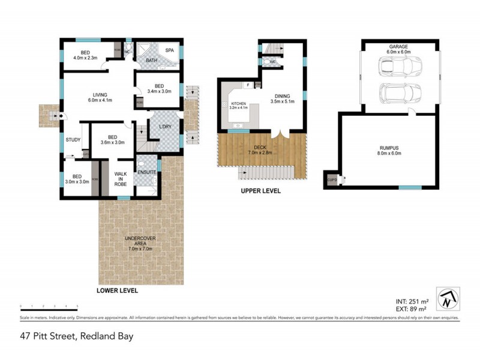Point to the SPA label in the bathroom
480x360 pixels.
click(x=170, y=50)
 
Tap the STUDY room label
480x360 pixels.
click(x=73, y=140)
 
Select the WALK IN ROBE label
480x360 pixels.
click(x=121, y=178)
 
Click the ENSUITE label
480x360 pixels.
click(x=146, y=172)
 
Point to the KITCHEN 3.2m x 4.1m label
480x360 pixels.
click(x=238, y=106)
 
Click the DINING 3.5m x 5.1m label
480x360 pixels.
click(x=281, y=98)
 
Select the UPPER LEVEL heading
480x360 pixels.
click(x=261, y=191)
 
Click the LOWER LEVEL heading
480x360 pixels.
click(x=117, y=290)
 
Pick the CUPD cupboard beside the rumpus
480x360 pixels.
click(x=331, y=179)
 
